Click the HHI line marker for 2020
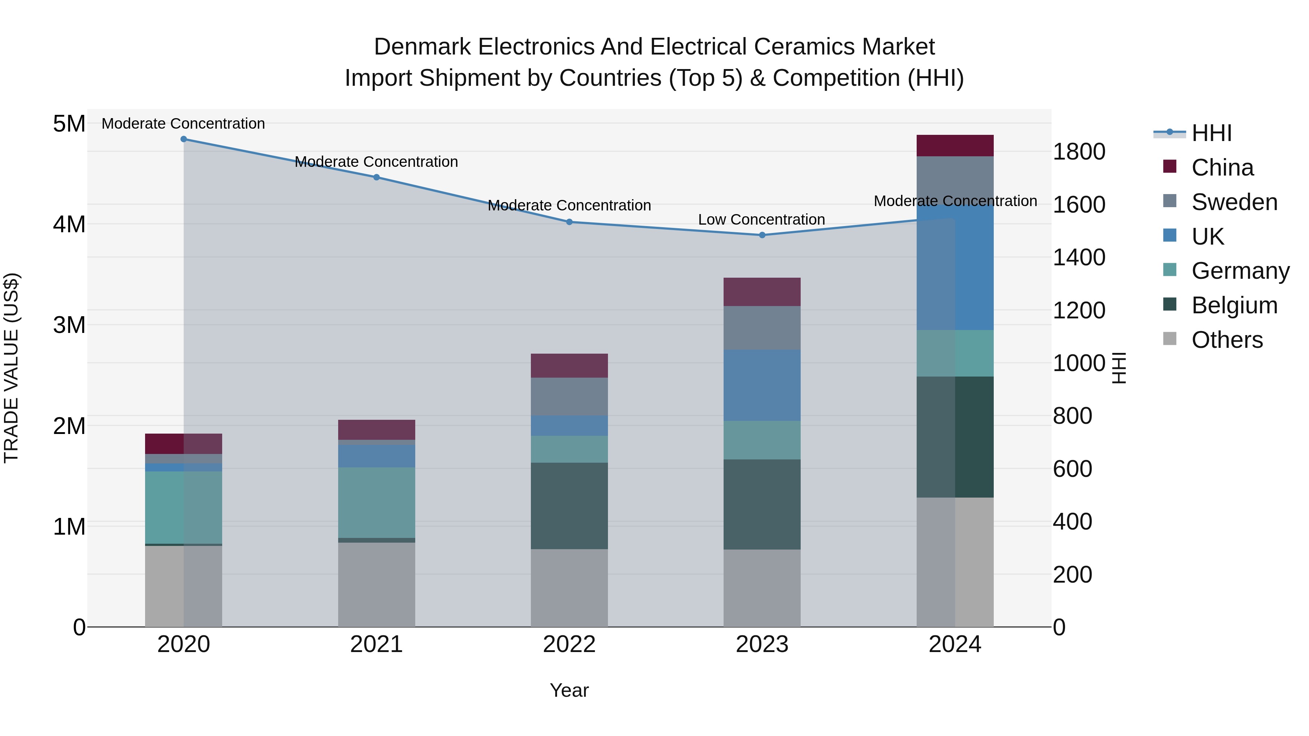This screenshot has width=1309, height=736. click(x=184, y=139)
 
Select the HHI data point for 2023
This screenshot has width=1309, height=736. click(x=762, y=235)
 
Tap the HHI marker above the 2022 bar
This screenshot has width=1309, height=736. click(x=569, y=222)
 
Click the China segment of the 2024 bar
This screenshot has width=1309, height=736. click(x=954, y=146)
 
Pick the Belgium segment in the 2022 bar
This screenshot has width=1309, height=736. click(x=569, y=506)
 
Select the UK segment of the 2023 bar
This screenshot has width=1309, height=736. click(x=762, y=385)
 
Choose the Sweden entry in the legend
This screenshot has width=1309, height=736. click(x=1234, y=202)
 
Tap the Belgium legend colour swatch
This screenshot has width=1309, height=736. click(x=1169, y=304)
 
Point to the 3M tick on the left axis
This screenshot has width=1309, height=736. click(x=69, y=325)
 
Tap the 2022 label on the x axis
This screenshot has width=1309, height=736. click(x=569, y=644)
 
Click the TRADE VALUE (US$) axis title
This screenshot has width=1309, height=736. click(x=11, y=368)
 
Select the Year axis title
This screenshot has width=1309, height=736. click(x=569, y=690)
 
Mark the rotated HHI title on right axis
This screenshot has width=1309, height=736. click(x=1119, y=368)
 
